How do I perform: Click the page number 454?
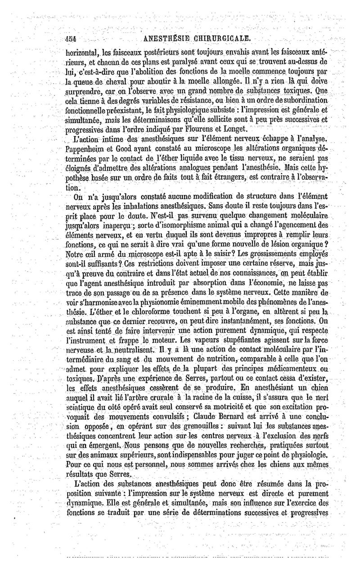click(70, 39)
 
